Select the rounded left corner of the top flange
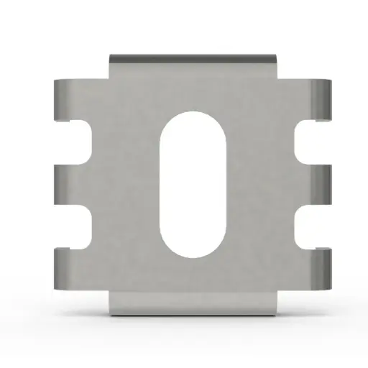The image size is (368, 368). pyautogui.click(x=112, y=57)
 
